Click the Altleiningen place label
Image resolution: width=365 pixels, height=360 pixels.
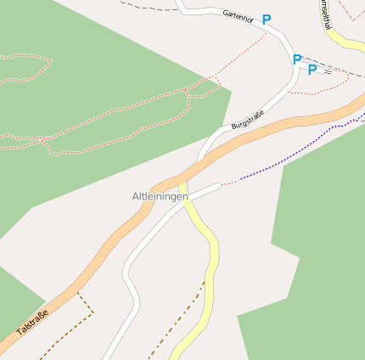(160, 197)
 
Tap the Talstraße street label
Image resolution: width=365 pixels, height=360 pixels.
(32, 323)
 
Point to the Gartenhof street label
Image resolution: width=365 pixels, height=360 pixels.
(238, 15)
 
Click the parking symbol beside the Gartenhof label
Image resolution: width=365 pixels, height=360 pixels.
(267, 19)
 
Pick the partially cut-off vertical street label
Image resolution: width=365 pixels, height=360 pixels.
(325, 14)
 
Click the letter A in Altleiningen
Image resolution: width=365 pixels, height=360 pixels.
(136, 197)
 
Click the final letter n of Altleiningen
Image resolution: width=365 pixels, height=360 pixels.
(184, 197)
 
